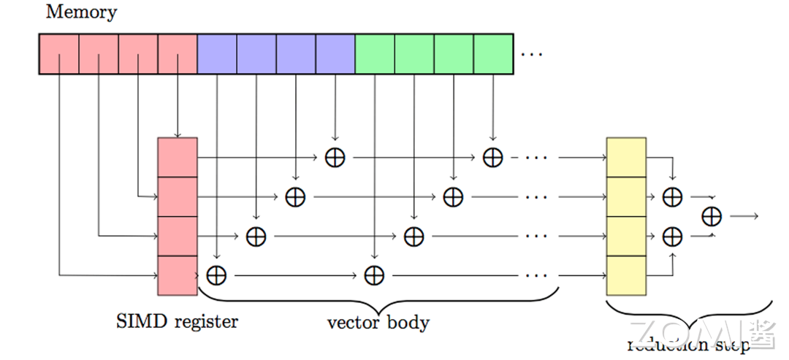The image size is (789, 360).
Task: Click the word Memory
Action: [x=82, y=12]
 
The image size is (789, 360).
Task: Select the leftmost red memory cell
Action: [x=58, y=53]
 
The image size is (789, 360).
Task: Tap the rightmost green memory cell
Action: [x=493, y=53]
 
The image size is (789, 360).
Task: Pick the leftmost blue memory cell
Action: [x=217, y=53]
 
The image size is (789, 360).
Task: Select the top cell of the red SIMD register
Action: [x=178, y=157]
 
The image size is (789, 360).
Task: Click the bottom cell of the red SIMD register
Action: [x=178, y=275]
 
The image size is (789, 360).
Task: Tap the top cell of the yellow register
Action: [x=626, y=157]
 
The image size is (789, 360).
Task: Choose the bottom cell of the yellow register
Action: [x=626, y=275]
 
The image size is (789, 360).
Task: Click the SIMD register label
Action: [x=177, y=321]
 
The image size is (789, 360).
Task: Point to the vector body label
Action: [x=378, y=322]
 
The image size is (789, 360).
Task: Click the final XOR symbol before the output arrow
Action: [x=711, y=216]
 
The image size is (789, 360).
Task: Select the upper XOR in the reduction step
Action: [x=672, y=196]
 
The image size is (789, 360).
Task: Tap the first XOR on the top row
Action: [x=335, y=157]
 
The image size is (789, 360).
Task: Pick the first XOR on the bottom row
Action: [x=216, y=275]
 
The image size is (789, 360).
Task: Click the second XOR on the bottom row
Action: [x=374, y=275]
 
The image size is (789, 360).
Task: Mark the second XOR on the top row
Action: [x=493, y=157]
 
